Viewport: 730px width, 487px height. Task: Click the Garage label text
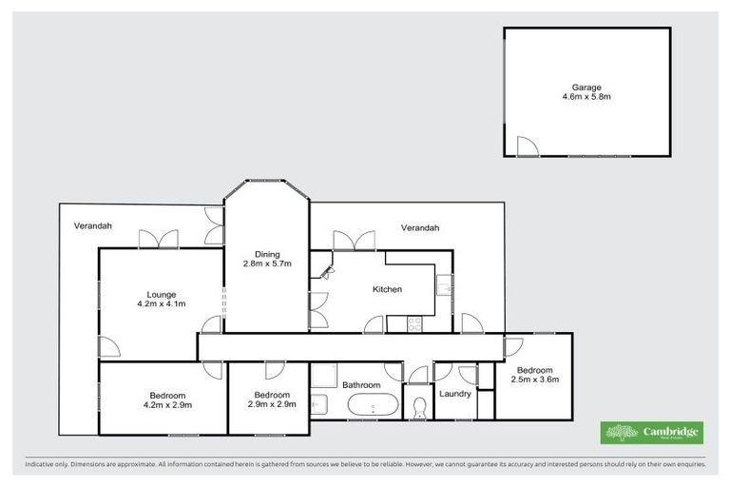(x=586, y=87)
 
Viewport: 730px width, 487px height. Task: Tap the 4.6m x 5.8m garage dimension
(x=586, y=96)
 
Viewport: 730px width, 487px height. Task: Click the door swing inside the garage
(x=526, y=146)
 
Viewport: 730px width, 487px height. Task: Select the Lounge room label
(x=161, y=294)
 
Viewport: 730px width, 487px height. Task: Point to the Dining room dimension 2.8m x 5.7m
(x=266, y=263)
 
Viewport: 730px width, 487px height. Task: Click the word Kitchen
(x=387, y=289)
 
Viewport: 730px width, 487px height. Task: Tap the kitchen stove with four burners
(x=414, y=323)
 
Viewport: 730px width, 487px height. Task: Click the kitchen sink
(x=443, y=284)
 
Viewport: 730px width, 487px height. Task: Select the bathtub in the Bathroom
(x=372, y=407)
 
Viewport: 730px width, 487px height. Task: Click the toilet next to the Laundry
(x=419, y=408)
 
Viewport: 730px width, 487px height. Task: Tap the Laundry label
(x=455, y=393)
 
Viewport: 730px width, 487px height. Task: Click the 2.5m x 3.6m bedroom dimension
(x=534, y=379)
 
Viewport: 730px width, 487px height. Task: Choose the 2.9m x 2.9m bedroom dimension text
(x=271, y=404)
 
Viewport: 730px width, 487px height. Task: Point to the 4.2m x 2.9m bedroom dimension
(x=166, y=404)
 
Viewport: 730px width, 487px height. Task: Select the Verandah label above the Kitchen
(x=420, y=227)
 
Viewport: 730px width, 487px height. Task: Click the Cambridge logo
(x=652, y=433)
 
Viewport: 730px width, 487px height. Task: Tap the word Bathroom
(x=361, y=385)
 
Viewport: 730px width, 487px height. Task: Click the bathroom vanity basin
(x=319, y=404)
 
